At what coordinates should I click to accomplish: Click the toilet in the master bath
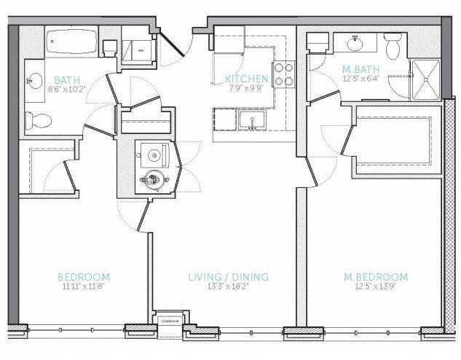[x=393, y=47]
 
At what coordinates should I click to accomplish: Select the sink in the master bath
[x=356, y=44]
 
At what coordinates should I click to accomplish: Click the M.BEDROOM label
[x=375, y=277]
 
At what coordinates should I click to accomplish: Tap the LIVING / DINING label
[x=229, y=277]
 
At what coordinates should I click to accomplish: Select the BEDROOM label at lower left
[x=84, y=277]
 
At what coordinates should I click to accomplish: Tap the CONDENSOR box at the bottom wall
[x=170, y=318]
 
